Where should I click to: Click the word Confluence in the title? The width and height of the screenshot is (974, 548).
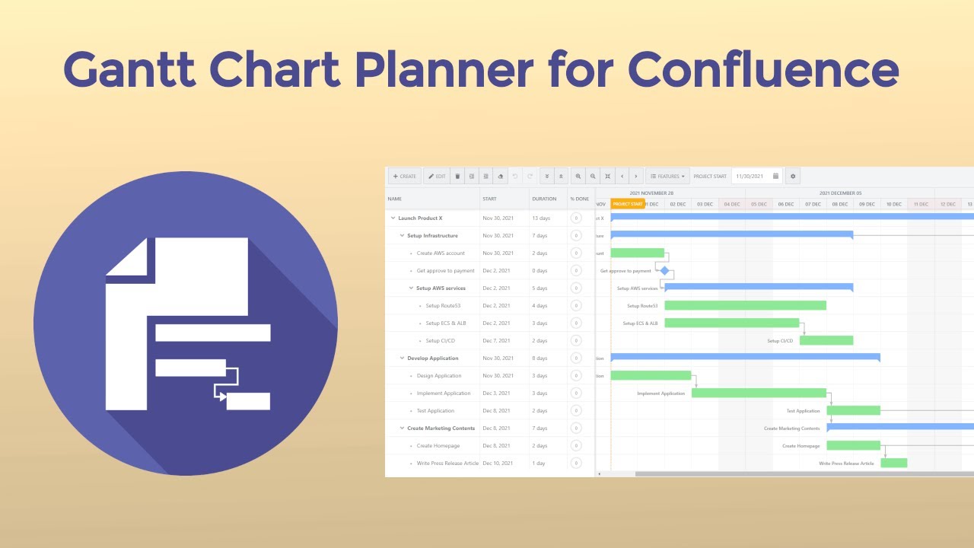click(763, 70)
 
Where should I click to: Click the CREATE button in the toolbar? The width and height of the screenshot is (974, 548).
click(405, 177)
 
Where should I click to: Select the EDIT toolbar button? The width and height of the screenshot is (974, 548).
click(437, 177)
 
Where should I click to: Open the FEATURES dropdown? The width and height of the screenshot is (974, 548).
click(667, 177)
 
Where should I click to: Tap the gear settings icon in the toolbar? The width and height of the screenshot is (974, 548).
click(793, 177)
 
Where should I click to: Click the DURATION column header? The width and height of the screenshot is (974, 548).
click(544, 199)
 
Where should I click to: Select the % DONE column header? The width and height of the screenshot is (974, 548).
click(580, 199)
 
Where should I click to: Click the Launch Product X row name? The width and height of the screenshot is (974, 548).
click(420, 218)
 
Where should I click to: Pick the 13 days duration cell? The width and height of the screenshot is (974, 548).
click(540, 218)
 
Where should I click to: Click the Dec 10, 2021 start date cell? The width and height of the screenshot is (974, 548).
click(497, 464)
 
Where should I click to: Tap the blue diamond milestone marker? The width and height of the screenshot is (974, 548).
click(664, 270)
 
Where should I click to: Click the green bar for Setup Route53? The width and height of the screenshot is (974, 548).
click(745, 305)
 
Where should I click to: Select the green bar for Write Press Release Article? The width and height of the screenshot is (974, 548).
click(893, 463)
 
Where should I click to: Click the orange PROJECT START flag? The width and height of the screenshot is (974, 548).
click(628, 204)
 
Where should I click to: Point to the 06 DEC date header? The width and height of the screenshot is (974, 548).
click(786, 204)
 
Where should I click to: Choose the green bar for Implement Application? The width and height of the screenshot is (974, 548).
click(759, 393)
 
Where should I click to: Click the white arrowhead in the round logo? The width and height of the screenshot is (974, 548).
click(222, 397)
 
